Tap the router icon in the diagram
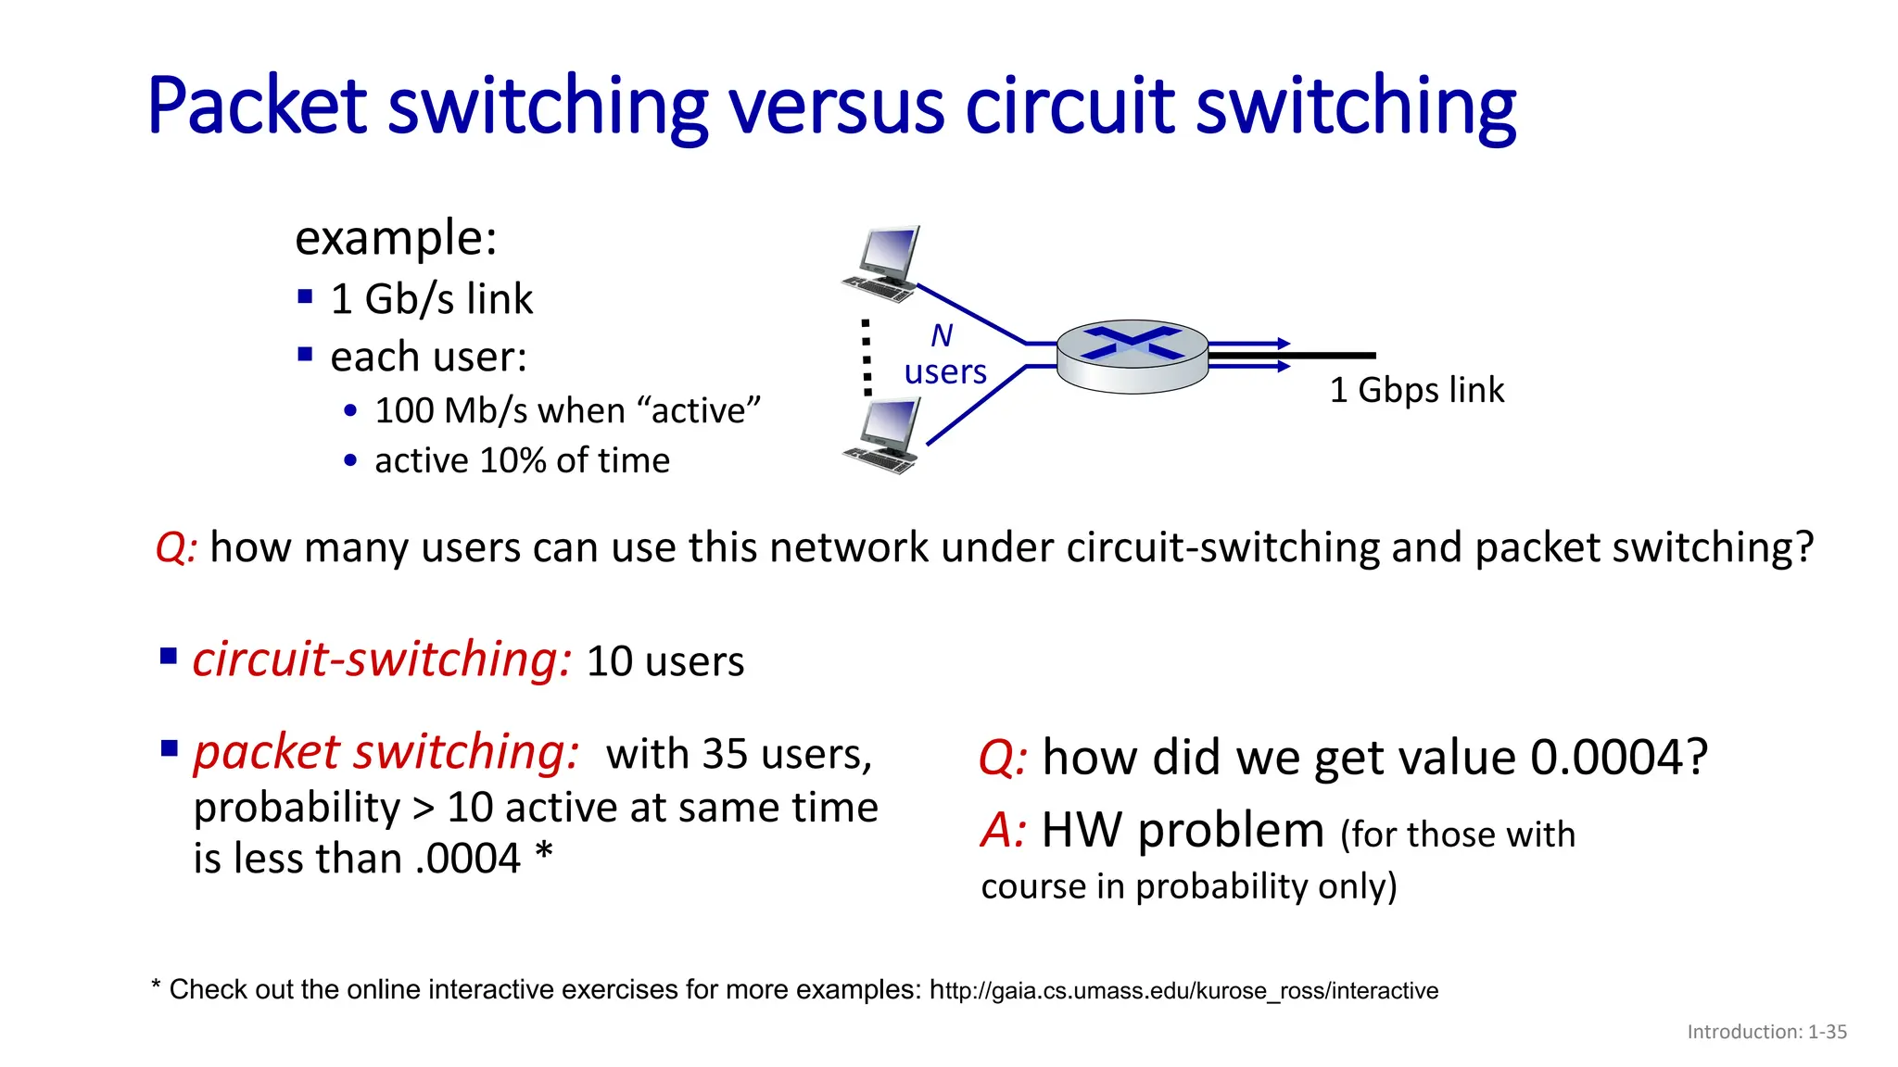click(1132, 356)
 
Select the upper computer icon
click(883, 264)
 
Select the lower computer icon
click(883, 435)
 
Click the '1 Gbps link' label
click(1416, 390)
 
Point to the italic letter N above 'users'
click(942, 335)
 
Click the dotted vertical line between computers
click(867, 358)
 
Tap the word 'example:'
click(396, 238)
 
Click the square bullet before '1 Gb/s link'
click(306, 296)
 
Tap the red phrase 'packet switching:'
click(386, 752)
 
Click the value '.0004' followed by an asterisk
click(469, 859)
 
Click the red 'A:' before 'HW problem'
click(1003, 830)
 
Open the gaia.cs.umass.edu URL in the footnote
click(1183, 991)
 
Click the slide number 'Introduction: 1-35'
click(1766, 1032)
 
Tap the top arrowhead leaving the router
click(1284, 344)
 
